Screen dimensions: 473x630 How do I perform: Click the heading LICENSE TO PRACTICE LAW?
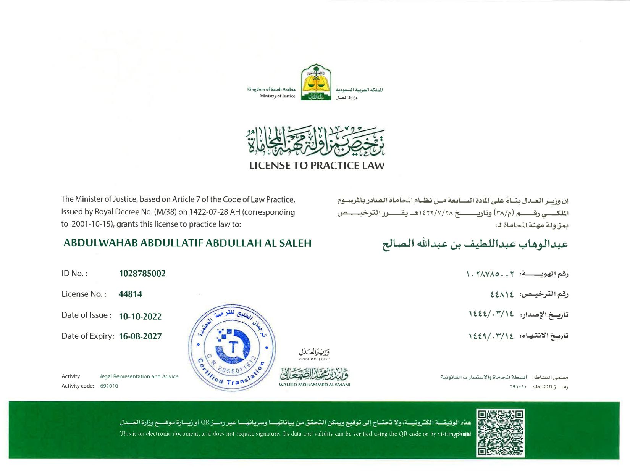pos(317,166)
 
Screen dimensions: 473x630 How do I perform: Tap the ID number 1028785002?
pos(142,274)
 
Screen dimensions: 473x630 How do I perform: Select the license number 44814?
pos(130,294)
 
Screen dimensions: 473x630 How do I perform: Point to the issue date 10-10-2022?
pos(140,316)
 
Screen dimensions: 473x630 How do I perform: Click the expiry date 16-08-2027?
pos(140,336)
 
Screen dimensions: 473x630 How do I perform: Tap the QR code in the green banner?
pos(501,433)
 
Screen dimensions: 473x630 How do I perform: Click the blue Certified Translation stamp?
pos(232,348)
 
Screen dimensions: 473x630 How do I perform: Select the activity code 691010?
pos(109,386)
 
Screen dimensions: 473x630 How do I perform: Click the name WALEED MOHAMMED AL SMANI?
pos(314,385)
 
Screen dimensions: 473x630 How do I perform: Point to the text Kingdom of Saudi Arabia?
pos(271,89)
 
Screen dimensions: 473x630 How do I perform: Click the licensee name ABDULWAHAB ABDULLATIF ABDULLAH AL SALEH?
pos(187,243)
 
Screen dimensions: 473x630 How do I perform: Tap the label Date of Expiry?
pos(87,336)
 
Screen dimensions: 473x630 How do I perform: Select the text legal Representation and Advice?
pos(139,376)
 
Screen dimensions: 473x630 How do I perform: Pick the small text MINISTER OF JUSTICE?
pos(314,359)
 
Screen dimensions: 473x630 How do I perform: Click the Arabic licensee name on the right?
pos(475,244)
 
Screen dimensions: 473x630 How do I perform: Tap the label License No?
pos(84,294)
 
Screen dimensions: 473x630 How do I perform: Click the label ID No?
pos(74,274)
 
